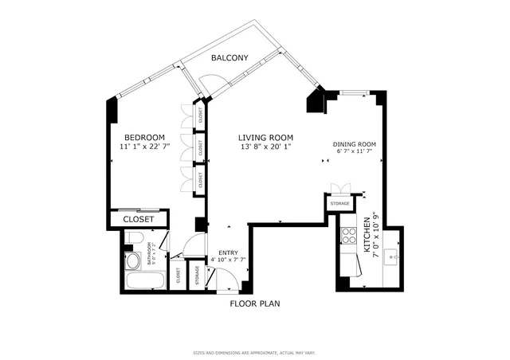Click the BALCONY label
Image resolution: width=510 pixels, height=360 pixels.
[x=229, y=58]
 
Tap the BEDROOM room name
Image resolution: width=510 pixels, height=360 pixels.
[x=143, y=137]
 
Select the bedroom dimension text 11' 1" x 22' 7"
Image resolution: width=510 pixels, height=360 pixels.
[x=143, y=147]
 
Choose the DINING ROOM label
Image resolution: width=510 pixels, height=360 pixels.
[x=354, y=144]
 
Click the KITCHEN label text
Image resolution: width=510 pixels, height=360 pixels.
[x=367, y=236]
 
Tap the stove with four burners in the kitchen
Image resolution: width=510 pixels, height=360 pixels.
[x=348, y=235]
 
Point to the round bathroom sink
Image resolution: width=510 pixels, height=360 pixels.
[x=133, y=260]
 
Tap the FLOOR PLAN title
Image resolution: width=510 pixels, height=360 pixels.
[x=254, y=303]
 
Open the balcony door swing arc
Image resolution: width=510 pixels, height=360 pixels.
[x=212, y=84]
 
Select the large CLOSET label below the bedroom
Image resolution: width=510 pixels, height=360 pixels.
[x=139, y=219]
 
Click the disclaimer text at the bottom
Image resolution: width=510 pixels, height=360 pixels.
[x=254, y=351]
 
